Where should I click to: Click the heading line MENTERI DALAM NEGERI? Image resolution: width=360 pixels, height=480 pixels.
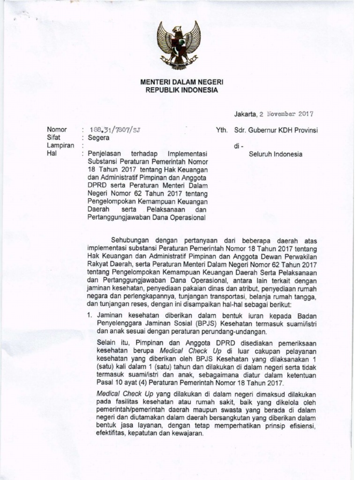[x=179, y=82]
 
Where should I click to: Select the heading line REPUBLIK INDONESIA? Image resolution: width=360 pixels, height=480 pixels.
[x=179, y=90]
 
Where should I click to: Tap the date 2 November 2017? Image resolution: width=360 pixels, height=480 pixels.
[x=286, y=113]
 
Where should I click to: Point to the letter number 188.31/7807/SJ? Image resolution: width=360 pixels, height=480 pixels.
[x=110, y=130]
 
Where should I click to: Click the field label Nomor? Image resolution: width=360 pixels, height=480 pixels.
[x=57, y=130]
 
